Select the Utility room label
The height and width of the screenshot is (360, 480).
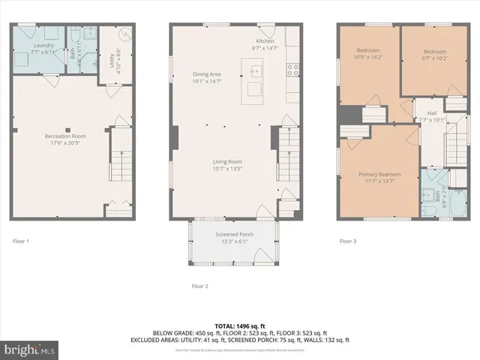112,59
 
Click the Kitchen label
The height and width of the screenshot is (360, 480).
265,40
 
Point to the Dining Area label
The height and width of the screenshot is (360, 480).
207,73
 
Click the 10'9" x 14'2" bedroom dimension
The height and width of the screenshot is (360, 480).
367,57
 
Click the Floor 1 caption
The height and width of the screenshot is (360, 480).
21,241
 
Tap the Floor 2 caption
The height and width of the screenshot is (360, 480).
199,286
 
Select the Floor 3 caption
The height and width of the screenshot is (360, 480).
348,241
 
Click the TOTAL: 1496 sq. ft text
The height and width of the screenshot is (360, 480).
239,326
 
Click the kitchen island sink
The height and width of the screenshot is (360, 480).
255,73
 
